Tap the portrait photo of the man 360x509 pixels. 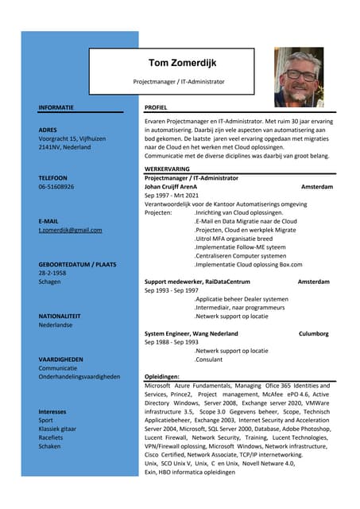(299, 77)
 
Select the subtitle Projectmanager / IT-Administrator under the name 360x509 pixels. (179, 81)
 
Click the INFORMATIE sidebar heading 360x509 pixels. (56, 107)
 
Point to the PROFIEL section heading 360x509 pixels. (156, 107)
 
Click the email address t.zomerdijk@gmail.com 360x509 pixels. (70, 230)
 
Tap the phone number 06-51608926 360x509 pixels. (56, 187)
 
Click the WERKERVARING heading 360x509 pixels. (167, 169)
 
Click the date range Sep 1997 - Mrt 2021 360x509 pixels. (172, 196)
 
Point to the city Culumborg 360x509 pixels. (313, 333)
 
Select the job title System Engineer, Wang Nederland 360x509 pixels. (191, 333)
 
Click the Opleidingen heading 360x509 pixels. (162, 376)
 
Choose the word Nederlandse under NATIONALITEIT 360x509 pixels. (55, 325)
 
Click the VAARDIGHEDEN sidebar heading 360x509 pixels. (60, 359)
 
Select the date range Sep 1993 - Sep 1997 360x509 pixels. (171, 290)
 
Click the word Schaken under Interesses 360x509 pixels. (49, 446)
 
